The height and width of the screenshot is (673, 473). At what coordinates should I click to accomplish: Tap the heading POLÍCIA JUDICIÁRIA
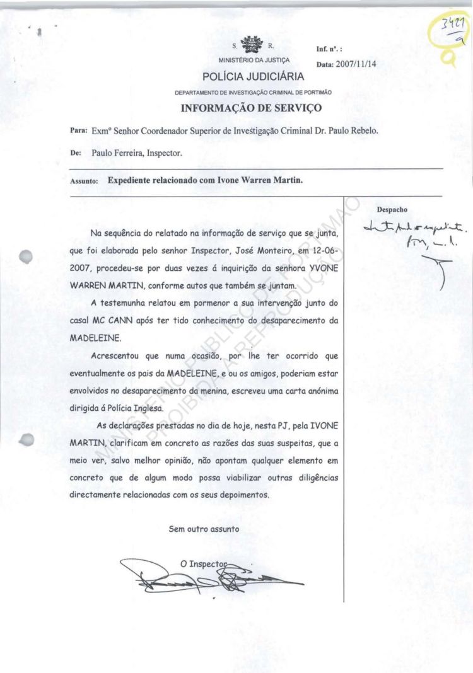253,77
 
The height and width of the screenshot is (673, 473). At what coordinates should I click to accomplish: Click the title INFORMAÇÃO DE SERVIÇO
252,108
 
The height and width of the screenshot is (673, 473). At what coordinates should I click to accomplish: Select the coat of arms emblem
252,45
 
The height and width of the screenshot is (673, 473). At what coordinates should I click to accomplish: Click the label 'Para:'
78,132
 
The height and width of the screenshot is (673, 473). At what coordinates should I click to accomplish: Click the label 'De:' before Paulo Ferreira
75,152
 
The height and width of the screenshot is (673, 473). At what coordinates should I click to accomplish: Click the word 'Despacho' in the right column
392,209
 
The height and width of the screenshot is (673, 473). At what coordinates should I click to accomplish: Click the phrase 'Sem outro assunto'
204,529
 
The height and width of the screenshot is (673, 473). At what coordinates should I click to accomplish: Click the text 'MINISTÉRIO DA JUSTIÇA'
254,60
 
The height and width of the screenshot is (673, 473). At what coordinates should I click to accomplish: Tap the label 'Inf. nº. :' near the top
329,49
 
